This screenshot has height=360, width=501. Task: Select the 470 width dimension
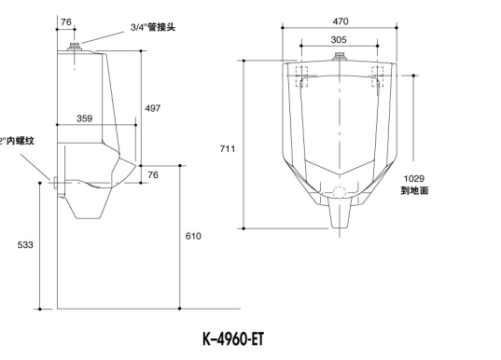[341, 21]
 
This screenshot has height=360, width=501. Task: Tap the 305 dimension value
[341, 39]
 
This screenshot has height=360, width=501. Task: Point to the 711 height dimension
[228, 147]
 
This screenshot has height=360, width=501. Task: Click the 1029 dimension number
[413, 178]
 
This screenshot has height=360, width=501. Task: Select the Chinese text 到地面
[414, 190]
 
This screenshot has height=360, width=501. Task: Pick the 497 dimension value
[152, 108]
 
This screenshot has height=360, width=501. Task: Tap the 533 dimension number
[25, 244]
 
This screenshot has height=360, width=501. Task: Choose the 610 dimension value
[192, 236]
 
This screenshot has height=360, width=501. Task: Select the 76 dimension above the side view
[66, 21]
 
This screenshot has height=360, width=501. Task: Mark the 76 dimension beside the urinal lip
[152, 173]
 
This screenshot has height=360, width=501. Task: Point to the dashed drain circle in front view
[340, 194]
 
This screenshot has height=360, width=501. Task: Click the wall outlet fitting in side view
[59, 182]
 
